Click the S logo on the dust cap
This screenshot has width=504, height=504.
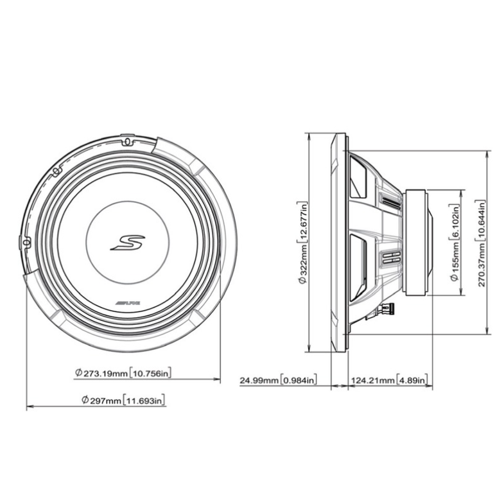coord(128,243)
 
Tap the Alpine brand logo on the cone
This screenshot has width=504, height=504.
coord(128,303)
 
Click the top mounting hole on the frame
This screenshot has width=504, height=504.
coord(127,141)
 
